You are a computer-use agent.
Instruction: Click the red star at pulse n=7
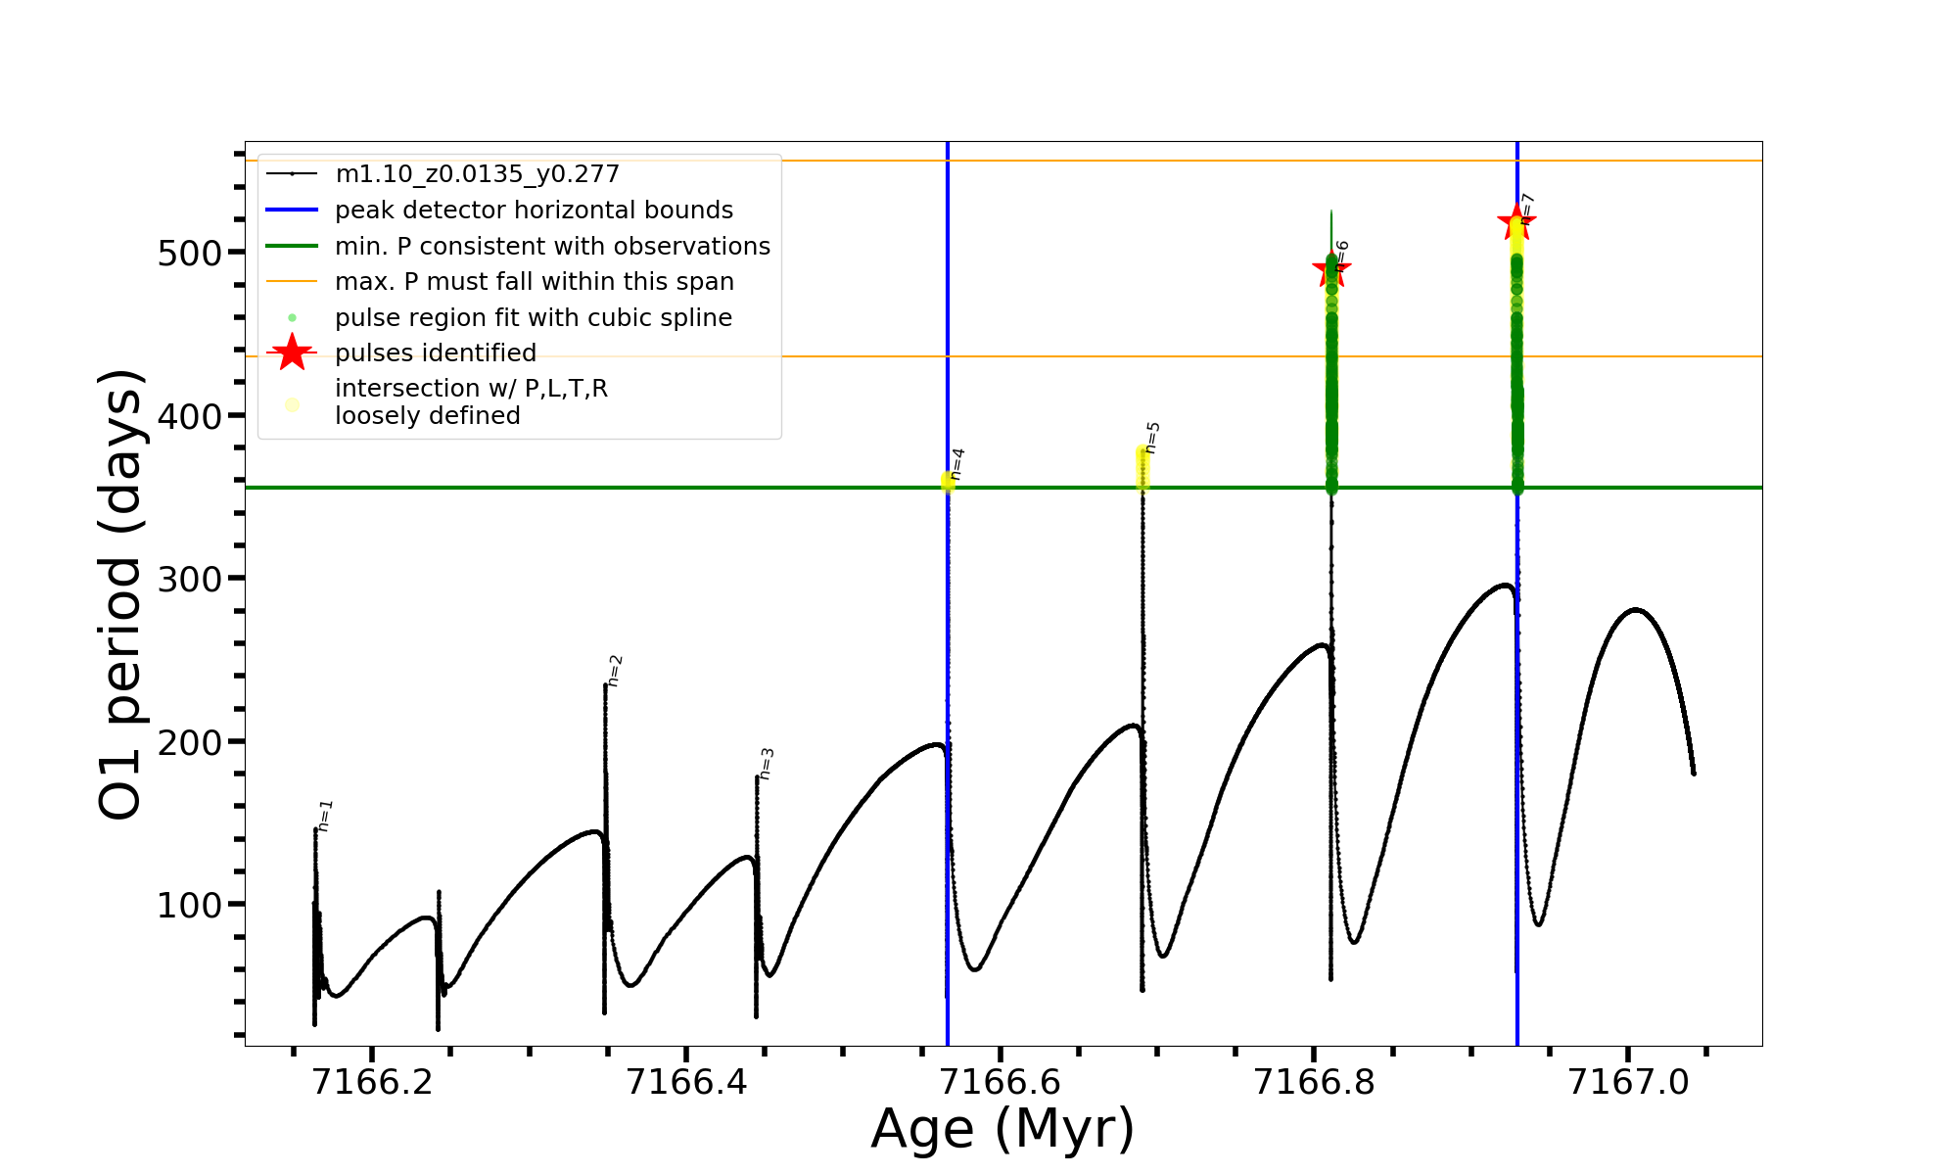pos(1516,221)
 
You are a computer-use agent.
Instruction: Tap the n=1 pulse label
pos(326,816)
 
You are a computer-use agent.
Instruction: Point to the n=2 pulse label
pos(615,671)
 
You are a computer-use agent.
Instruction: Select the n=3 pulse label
pos(767,764)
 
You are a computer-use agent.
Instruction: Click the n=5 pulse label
pos(1152,438)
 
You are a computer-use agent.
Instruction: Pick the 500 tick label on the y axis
pos(190,254)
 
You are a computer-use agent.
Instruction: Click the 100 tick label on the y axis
pos(190,905)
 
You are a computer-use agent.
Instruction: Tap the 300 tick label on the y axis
pos(190,579)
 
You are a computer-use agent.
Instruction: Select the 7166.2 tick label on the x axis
pos(373,1082)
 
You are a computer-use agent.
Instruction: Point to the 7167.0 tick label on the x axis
pos(1628,1082)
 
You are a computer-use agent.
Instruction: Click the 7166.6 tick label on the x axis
pos(1001,1082)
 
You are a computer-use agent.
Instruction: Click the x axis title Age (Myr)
pos(1002,1129)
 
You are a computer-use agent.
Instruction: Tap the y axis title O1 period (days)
pos(121,594)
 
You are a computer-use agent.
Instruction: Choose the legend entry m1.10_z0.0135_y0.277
pos(477,174)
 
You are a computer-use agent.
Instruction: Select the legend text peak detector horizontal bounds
pos(534,211)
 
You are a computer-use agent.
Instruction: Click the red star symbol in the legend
pos(292,352)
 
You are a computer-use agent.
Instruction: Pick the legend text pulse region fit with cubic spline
pos(534,318)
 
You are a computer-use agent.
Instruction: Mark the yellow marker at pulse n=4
pos(948,481)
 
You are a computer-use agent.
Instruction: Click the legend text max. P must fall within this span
pos(534,282)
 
